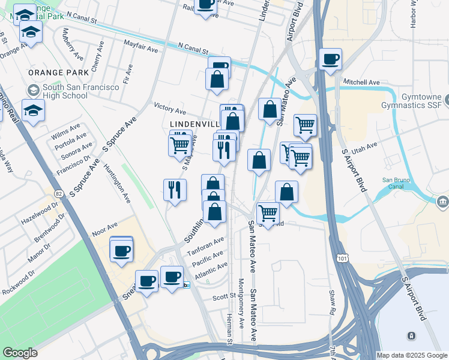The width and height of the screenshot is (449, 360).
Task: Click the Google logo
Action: pos(20,353)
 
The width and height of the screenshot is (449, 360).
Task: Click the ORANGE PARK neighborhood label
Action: pos(58,73)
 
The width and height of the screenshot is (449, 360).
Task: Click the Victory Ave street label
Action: pos(170,110)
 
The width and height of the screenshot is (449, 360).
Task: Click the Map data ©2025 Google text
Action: pos(411,355)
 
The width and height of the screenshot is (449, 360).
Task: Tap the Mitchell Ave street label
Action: pos(361,82)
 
